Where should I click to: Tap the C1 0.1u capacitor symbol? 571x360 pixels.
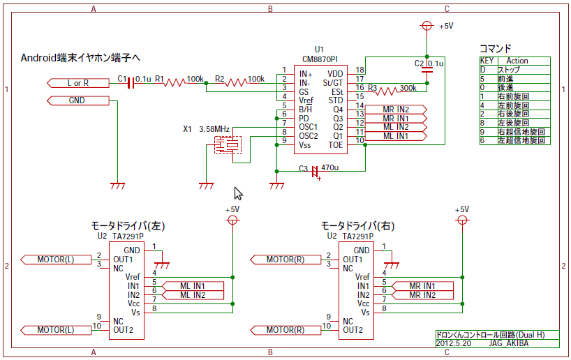point(131,83)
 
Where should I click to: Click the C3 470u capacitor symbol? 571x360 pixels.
point(315,170)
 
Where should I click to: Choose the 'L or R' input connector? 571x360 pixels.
point(78,83)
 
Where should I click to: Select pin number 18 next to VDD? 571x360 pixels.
point(360,70)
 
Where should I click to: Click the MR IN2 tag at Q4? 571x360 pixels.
point(396,110)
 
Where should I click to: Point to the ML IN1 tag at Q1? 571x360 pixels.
point(396,136)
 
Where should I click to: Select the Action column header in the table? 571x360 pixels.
point(517,61)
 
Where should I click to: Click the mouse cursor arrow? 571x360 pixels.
point(237,193)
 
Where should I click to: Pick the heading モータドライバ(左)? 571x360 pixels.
point(128,226)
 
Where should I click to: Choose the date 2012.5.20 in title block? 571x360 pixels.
point(454,343)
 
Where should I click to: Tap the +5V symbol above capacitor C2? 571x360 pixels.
point(427,26)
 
